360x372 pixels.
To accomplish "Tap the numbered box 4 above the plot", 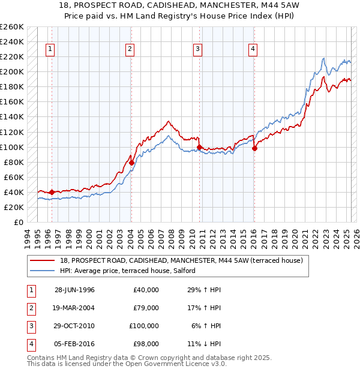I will (x=253, y=49).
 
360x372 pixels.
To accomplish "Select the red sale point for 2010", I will (x=199, y=146).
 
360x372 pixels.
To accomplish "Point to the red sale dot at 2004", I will (x=131, y=162).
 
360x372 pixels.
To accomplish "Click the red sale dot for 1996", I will (x=52, y=192).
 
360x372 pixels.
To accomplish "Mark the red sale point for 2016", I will (x=254, y=148).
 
